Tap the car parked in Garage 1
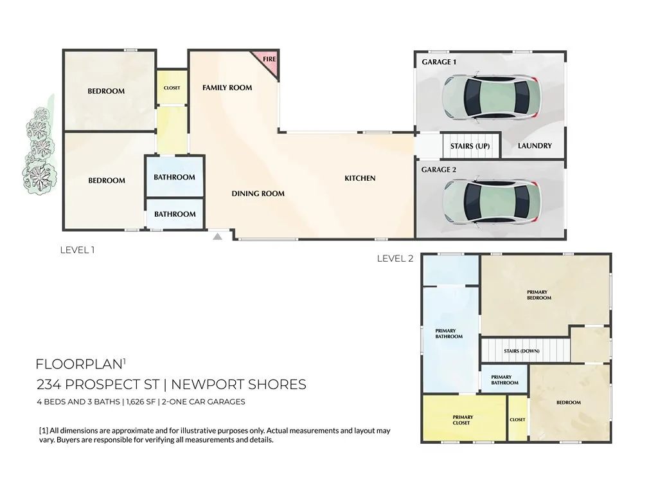[x=491, y=98]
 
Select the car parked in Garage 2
[x=491, y=201]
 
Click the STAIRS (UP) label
[x=470, y=146]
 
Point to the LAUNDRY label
[x=535, y=146]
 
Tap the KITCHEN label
[x=360, y=178]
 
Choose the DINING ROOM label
[x=258, y=194]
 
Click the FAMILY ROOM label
[x=227, y=87]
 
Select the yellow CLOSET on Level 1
[x=172, y=87]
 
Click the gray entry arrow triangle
[x=218, y=237]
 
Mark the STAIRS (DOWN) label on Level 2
[x=522, y=351]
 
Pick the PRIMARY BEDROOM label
[x=539, y=295]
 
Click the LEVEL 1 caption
[x=77, y=250]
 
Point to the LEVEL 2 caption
[x=395, y=259]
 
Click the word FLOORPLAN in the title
[x=78, y=364]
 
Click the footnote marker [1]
[x=44, y=431]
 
